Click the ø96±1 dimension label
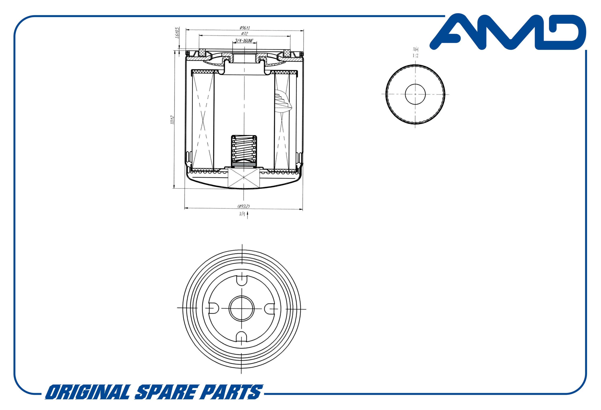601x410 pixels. [x=245, y=28]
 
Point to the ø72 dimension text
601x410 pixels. [x=245, y=34]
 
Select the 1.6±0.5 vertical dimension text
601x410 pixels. [x=177, y=33]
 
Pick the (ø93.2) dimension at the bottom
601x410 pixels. [x=244, y=206]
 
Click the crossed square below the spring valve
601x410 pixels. [x=244, y=178]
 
